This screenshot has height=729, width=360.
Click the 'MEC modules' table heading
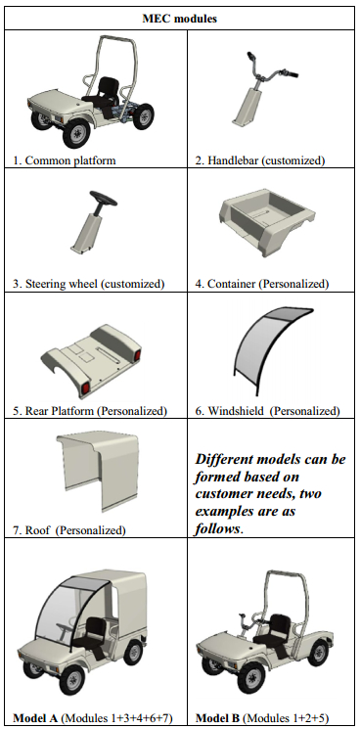pos(179,19)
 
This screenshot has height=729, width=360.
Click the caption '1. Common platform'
pos(65,160)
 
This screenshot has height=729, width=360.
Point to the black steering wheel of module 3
pos(103,199)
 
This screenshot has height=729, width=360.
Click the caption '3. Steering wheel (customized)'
pos(89,284)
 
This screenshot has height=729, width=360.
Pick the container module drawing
pos(267,222)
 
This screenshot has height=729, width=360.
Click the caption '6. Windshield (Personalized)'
pos(267,411)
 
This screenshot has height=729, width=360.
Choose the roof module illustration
pos(98,470)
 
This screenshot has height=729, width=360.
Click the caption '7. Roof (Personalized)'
pos(68,530)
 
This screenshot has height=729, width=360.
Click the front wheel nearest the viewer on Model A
pos(73,678)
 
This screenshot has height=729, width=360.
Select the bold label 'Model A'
pos(35,718)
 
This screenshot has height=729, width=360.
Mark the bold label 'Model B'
pos(217,718)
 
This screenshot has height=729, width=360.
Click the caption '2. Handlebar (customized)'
pos(259,160)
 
